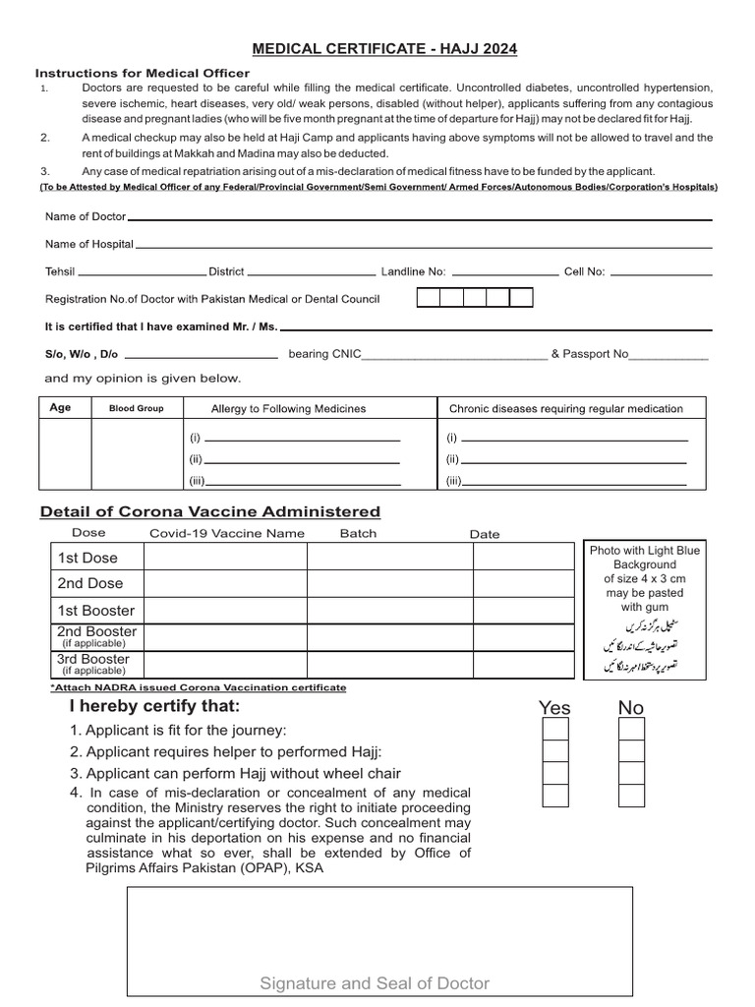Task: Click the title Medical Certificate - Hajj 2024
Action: click(x=385, y=48)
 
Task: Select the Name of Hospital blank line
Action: click(x=423, y=245)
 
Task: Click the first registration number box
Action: click(x=428, y=298)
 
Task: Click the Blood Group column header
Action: click(x=137, y=408)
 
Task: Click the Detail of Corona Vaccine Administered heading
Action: click(x=209, y=512)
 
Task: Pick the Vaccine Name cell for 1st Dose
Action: click(x=225, y=558)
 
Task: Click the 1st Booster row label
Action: click(x=95, y=610)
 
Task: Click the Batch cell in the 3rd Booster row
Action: click(x=389, y=664)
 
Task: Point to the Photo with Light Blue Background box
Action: click(x=645, y=610)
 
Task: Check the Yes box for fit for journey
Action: click(x=555, y=729)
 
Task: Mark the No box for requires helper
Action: click(x=631, y=751)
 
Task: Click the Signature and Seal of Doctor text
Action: click(x=375, y=983)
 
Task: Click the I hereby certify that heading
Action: click(x=154, y=707)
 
